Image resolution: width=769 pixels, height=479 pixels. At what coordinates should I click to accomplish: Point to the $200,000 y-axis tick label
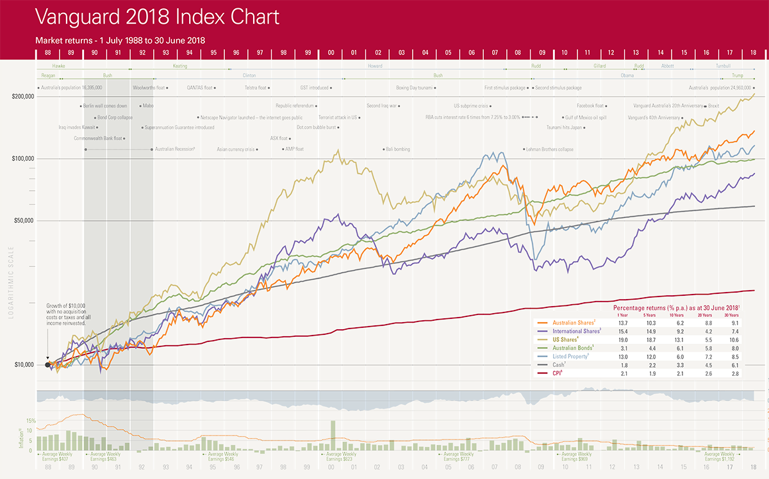tap(23, 97)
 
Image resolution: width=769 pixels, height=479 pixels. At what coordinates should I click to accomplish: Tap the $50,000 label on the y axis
tap(24, 220)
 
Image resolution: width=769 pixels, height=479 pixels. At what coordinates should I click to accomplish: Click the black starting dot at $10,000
tap(48, 365)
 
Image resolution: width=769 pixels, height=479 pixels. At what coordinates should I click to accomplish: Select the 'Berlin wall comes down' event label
tap(105, 106)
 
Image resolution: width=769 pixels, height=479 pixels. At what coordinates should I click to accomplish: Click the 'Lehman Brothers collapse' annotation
tap(549, 149)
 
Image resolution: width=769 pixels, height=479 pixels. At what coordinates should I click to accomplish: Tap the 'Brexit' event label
tap(713, 106)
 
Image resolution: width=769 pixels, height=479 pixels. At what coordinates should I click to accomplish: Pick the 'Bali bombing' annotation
tap(397, 149)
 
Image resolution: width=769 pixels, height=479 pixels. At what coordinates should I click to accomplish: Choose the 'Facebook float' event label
tap(591, 106)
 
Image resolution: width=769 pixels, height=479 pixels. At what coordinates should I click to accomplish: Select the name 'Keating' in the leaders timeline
tap(180, 66)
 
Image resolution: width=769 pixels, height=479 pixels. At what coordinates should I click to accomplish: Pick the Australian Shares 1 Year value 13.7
tap(621, 323)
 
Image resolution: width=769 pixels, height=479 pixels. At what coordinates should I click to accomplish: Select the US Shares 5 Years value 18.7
tap(649, 339)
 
